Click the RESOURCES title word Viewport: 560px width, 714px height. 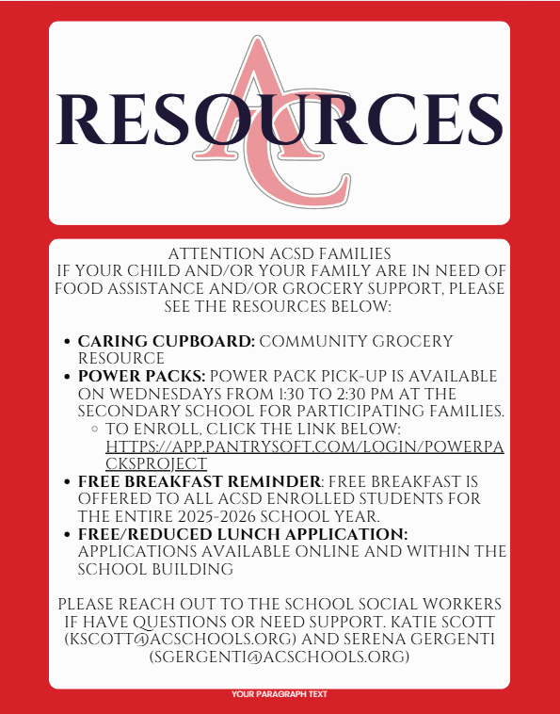[280, 117]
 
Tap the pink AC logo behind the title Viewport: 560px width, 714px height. [280, 66]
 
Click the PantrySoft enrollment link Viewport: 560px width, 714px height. [305, 455]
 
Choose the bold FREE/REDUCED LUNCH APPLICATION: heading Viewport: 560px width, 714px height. [243, 533]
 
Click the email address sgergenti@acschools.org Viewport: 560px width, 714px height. [280, 657]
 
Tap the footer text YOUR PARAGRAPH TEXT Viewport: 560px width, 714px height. [280, 694]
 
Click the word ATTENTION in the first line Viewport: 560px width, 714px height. [207, 253]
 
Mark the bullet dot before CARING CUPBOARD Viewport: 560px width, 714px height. [65, 342]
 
